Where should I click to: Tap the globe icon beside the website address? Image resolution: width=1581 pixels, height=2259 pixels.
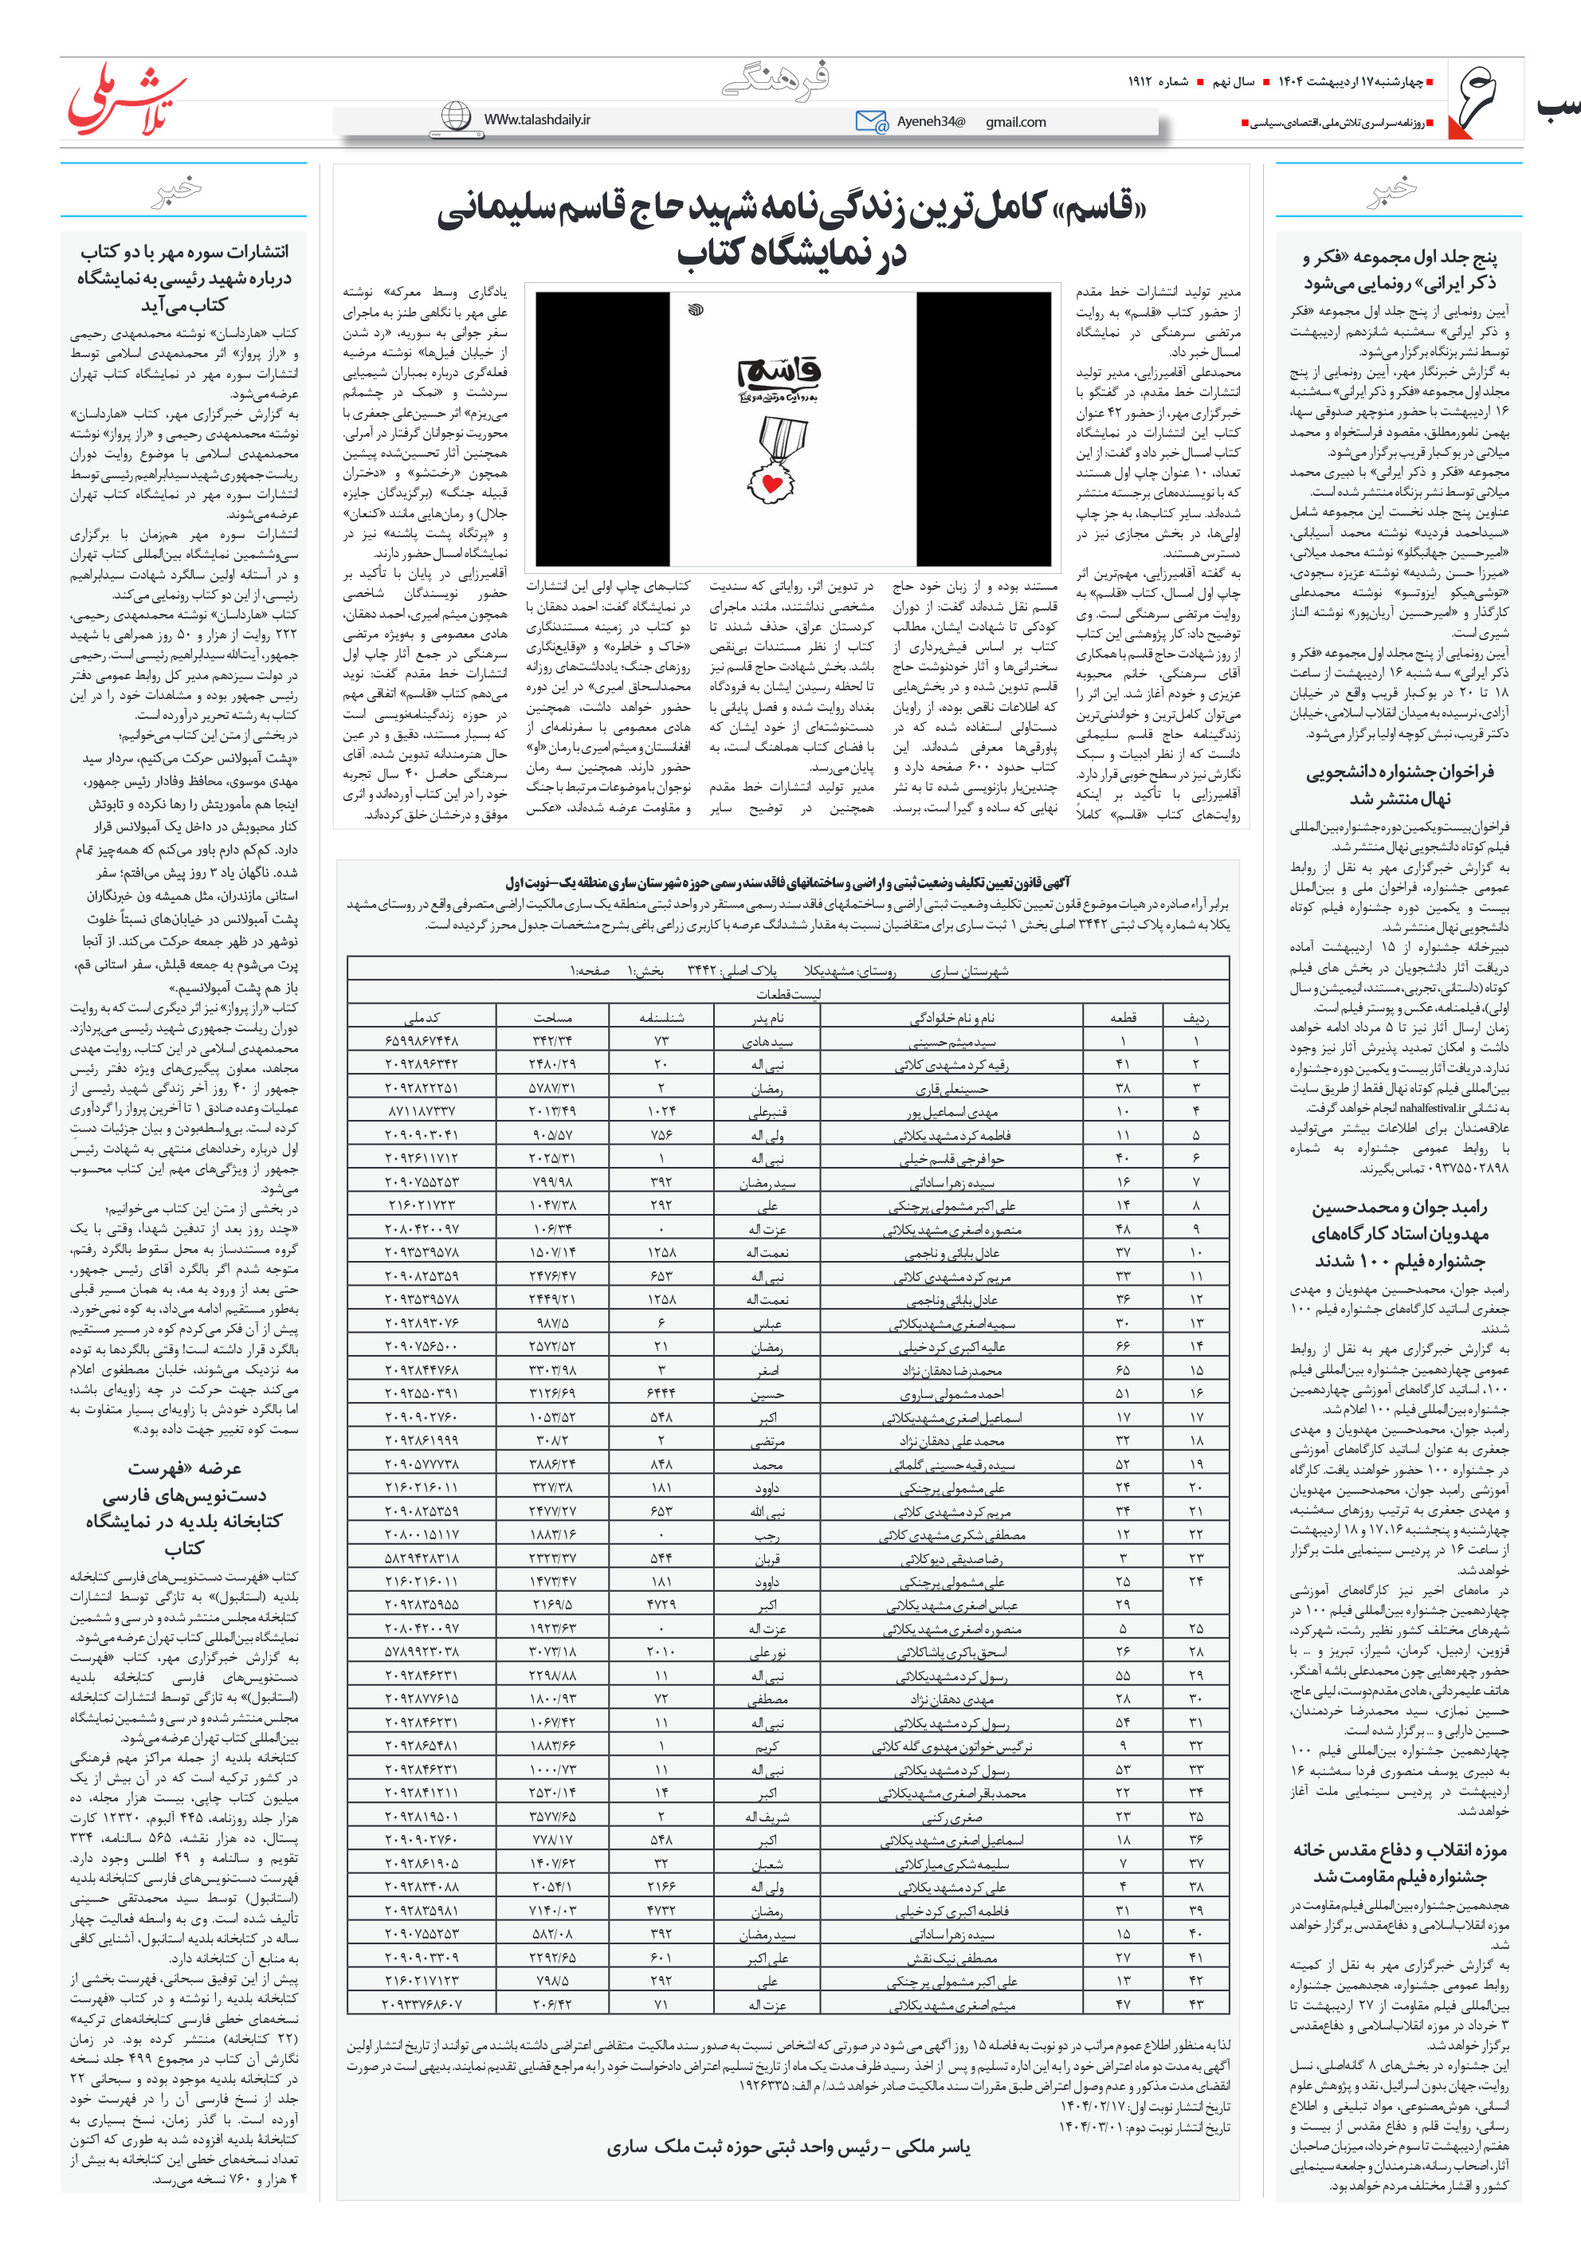click(456, 117)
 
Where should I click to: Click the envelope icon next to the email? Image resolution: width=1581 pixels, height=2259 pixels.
click(871, 122)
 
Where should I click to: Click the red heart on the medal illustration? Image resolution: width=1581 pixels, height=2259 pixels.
click(772, 483)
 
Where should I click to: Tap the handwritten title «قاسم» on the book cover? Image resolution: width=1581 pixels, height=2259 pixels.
click(779, 374)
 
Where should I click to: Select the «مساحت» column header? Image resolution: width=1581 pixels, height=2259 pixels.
click(553, 1017)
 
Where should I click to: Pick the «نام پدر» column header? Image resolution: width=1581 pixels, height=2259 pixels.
click(768, 1017)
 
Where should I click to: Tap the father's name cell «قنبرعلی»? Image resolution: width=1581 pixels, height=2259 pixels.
click(768, 1112)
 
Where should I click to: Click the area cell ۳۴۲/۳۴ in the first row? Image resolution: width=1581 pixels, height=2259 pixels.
click(553, 1041)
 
